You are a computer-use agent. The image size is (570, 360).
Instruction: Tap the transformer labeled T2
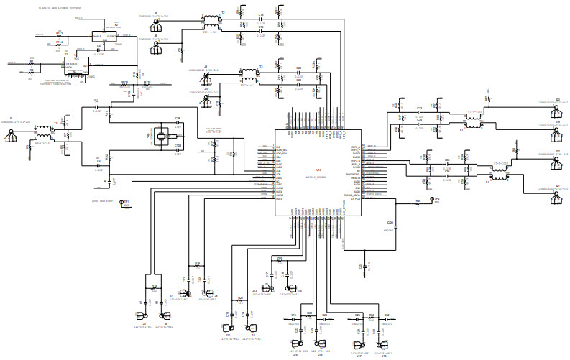[x=211, y=19]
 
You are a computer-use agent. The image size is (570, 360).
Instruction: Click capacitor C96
[x=178, y=124]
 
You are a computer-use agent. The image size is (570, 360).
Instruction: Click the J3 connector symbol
[x=144, y=315]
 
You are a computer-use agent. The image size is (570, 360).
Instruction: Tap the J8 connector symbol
[x=209, y=293]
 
